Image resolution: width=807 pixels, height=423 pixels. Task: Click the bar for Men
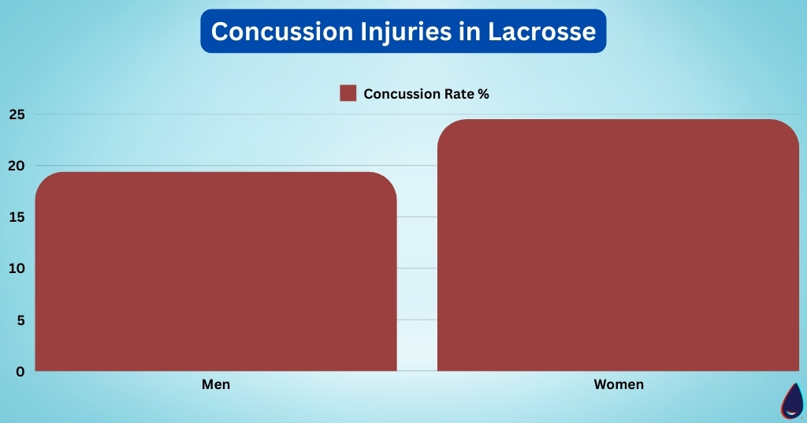[x=215, y=271]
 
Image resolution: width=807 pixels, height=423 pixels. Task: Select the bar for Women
[x=618, y=245]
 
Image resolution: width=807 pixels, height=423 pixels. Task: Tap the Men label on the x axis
[x=215, y=385]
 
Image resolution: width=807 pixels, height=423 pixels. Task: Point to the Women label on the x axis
[x=618, y=385]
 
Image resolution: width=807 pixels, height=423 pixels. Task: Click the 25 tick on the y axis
[x=17, y=114]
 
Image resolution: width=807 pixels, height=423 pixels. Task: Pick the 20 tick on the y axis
[x=17, y=166]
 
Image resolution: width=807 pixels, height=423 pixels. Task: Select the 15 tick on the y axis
[x=17, y=217]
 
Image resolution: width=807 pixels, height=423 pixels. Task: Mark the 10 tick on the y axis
[x=17, y=268]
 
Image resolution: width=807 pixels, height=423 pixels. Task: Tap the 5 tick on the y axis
[x=20, y=320]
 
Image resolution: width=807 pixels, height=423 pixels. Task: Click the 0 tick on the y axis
[x=20, y=372]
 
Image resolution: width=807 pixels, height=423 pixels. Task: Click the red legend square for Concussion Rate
[x=348, y=94]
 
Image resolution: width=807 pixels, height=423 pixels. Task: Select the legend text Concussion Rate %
[x=426, y=94]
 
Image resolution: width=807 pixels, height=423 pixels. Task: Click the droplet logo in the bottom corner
[x=792, y=401]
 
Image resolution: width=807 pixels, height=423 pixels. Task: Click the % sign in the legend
[x=483, y=94]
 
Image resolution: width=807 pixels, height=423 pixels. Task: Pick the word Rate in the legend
[x=457, y=94]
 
